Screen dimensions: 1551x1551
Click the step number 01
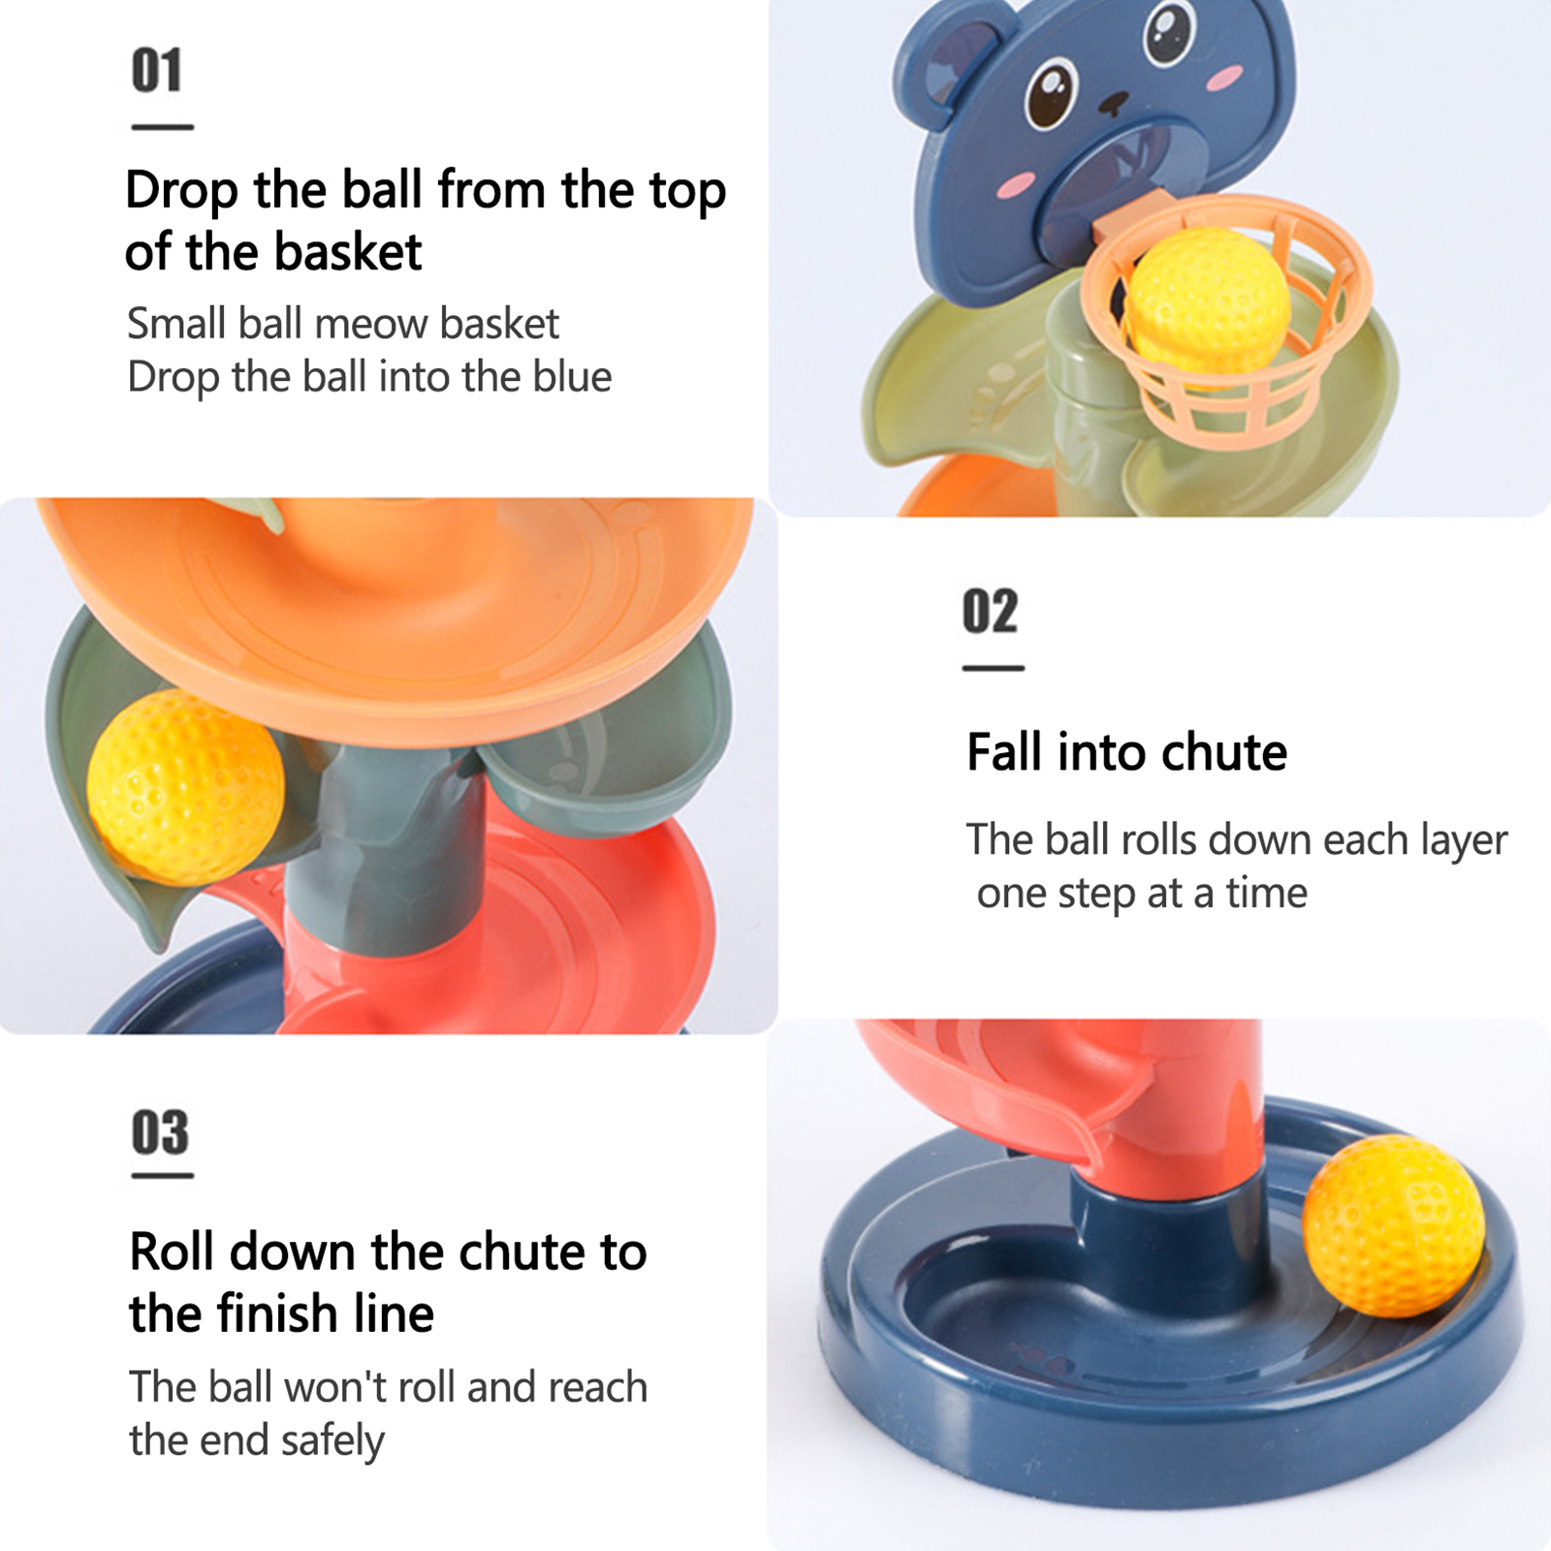157,71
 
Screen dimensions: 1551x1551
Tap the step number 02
990,611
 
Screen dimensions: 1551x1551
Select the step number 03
160,1132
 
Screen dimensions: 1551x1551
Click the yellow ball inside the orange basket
1208,303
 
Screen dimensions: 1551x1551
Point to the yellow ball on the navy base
1393,1225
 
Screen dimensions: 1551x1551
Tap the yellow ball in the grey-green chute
185,786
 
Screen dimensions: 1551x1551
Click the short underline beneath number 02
993,668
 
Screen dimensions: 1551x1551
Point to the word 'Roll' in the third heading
174,1251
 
